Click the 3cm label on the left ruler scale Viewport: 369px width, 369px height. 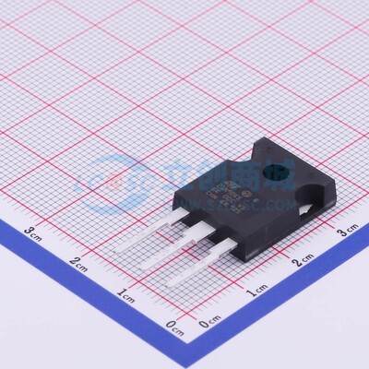tap(33, 232)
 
